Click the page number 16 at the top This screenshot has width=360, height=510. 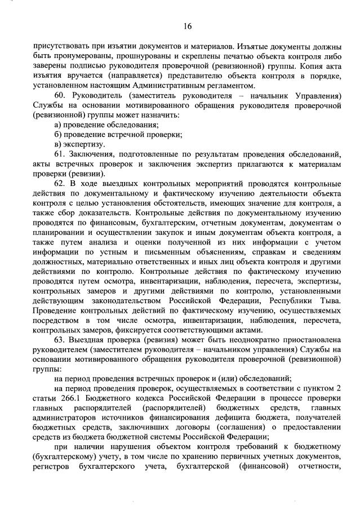(188, 26)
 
